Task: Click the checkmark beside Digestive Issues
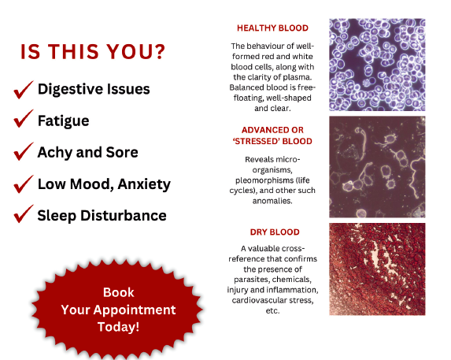coord(23,91)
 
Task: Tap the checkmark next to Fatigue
coord(23,119)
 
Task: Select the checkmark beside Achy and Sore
coord(23,152)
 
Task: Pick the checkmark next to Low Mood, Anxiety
coord(23,185)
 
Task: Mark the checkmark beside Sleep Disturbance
coord(23,214)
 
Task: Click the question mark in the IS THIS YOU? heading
coord(159,52)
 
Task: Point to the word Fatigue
coord(63,121)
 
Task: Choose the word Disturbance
coord(124,216)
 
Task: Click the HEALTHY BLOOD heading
coord(272,28)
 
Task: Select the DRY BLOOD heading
coord(275,232)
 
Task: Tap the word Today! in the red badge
coord(119,327)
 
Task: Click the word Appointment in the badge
coord(135,310)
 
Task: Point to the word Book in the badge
coord(119,292)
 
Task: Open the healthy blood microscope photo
coord(377,65)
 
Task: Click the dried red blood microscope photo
coord(377,269)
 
